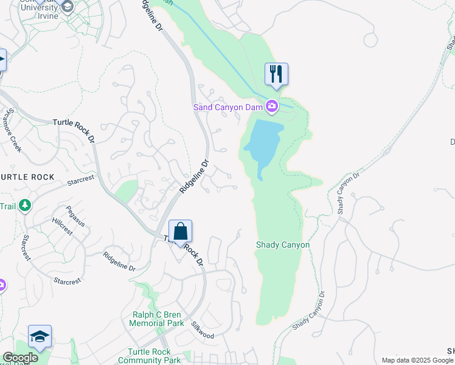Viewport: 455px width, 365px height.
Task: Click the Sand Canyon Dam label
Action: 228,107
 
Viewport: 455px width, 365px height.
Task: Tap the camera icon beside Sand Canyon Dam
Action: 272,107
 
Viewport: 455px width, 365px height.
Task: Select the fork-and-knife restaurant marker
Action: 276,74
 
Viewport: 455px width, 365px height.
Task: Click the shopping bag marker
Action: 180,232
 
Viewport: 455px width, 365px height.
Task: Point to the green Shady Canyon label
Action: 282,245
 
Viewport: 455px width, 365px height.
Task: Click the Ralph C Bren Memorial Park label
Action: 156,319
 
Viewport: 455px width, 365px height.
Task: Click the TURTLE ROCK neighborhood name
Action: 27,176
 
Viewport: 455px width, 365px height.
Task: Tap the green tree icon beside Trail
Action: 25,206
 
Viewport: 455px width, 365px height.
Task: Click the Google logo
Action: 20,358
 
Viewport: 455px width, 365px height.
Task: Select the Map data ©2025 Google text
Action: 417,360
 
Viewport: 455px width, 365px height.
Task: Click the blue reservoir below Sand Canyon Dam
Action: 264,143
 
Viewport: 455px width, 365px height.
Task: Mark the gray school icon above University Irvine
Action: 68,7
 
